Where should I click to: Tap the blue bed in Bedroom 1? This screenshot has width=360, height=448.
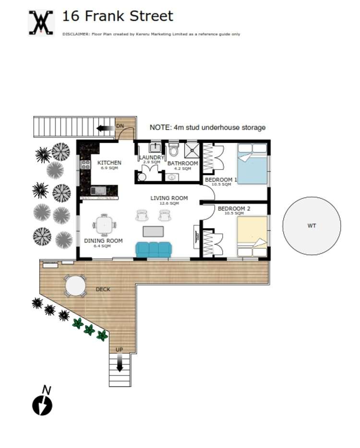pos(253,166)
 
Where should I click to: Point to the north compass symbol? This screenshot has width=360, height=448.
pos(42,405)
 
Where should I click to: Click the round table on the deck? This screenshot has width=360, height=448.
pos(75,286)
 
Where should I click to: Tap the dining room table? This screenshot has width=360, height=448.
pos(104,225)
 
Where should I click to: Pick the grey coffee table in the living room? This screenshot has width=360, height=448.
pos(153,231)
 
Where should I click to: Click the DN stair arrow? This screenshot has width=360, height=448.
pos(102,128)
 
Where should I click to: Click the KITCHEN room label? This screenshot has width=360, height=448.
pos(109,163)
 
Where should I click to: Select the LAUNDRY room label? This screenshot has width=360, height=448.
pos(152,157)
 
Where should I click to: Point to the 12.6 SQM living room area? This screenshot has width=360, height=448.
pos(168,204)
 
